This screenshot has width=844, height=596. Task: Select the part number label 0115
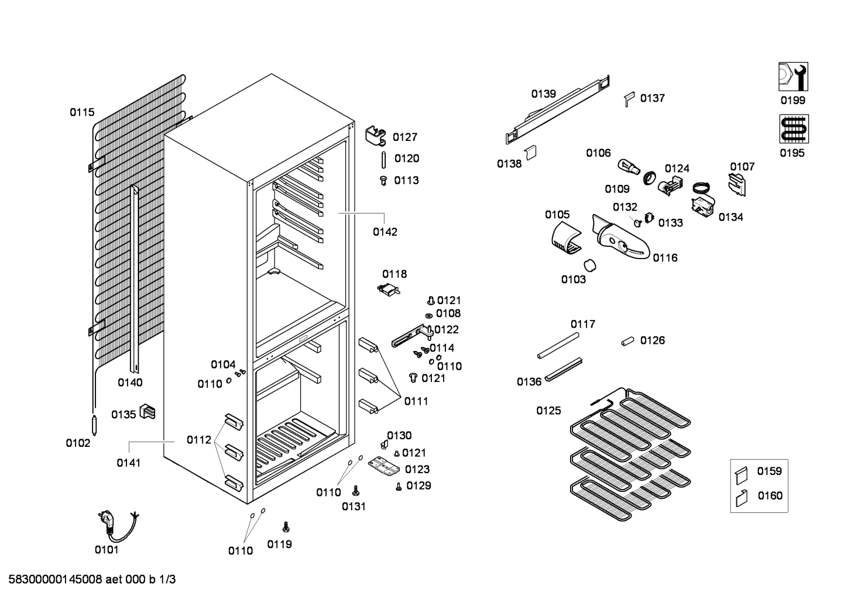[82, 112]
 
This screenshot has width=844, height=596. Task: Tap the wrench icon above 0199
[793, 77]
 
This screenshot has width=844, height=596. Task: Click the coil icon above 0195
[793, 129]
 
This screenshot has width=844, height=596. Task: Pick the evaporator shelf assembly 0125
[629, 450]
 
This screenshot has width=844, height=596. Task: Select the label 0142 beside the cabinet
[385, 232]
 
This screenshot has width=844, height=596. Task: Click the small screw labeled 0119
[286, 526]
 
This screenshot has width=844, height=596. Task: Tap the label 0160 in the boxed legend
[770, 496]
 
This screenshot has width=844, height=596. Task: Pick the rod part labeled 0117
[558, 344]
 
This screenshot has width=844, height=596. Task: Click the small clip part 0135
[148, 413]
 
